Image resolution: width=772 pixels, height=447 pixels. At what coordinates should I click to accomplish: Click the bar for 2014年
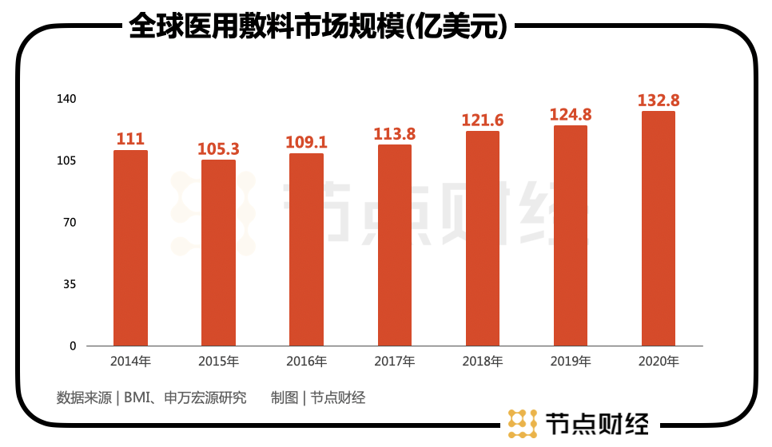(130, 247)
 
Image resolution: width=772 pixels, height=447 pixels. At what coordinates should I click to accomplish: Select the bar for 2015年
(218, 252)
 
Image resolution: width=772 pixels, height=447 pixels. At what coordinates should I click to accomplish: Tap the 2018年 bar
(483, 238)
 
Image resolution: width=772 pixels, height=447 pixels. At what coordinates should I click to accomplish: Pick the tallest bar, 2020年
(659, 228)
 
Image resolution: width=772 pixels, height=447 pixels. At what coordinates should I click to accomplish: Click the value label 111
(130, 139)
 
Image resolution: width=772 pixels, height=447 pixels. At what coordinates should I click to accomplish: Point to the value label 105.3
(219, 148)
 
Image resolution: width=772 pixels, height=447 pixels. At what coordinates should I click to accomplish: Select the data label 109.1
(307, 142)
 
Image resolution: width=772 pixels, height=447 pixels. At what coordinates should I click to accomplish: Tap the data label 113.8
(395, 134)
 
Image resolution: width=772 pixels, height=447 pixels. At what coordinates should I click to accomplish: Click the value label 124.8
(571, 114)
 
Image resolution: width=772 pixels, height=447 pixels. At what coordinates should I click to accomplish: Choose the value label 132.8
(659, 100)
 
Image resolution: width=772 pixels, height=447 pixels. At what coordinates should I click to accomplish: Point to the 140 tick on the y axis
(66, 99)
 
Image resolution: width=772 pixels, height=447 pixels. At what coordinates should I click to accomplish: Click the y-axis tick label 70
(70, 223)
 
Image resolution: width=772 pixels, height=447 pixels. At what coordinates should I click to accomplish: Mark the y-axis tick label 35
(70, 284)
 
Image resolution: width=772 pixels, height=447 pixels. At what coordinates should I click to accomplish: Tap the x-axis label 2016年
(307, 362)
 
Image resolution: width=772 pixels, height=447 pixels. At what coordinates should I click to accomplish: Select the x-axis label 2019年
(571, 362)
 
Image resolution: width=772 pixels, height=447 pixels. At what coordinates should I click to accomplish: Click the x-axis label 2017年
(395, 362)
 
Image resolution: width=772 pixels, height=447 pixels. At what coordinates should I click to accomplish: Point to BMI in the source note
(137, 398)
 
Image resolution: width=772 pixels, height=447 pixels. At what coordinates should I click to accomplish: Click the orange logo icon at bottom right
(522, 424)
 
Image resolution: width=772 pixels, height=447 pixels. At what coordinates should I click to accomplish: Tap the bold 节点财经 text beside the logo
(596, 424)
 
